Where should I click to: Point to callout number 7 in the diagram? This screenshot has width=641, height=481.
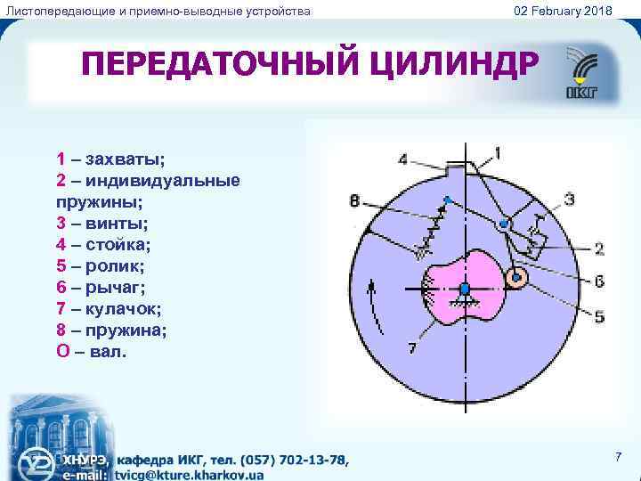pyautogui.click(x=411, y=347)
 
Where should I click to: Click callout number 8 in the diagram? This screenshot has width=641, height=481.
pyautogui.click(x=354, y=202)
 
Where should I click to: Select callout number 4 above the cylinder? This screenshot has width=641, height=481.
pyautogui.click(x=404, y=159)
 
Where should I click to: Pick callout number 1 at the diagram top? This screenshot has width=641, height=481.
pyautogui.click(x=497, y=152)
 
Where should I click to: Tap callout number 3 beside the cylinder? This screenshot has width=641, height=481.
pyautogui.click(x=569, y=197)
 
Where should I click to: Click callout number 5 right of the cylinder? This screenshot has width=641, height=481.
pyautogui.click(x=599, y=315)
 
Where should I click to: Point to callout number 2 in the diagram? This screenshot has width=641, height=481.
pyautogui.click(x=599, y=248)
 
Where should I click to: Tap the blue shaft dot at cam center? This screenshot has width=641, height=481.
pyautogui.click(x=465, y=289)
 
